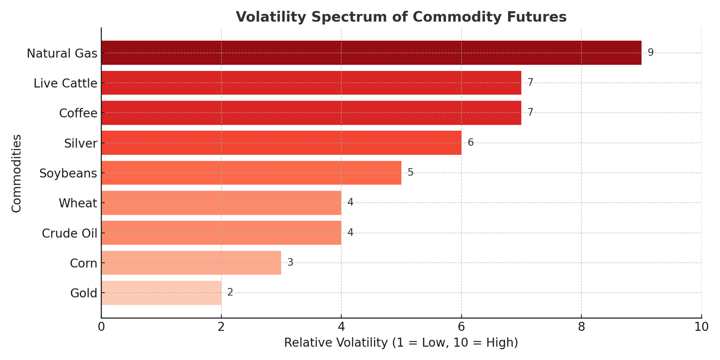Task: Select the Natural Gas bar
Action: (x=371, y=53)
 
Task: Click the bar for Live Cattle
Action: (x=311, y=83)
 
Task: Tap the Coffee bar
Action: (x=311, y=113)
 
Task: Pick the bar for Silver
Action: (x=281, y=143)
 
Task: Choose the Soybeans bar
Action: (x=251, y=173)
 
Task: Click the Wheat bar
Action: (x=221, y=203)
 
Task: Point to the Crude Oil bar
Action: (x=221, y=233)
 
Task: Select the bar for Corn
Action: (x=191, y=263)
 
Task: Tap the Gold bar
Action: (x=161, y=293)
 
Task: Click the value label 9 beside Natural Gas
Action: (x=650, y=52)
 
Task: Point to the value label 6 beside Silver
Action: (x=470, y=142)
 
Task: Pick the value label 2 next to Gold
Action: (x=230, y=292)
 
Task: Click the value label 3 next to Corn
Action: (x=290, y=262)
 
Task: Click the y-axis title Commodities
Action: (x=16, y=173)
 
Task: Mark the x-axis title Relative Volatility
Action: (x=401, y=343)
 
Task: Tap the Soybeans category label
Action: (x=68, y=173)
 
